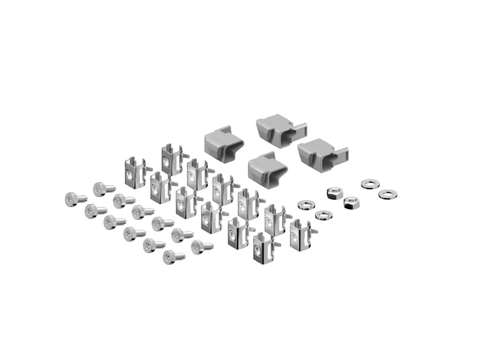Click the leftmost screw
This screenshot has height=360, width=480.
tap(72, 199)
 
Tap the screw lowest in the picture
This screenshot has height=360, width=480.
tap(171, 257)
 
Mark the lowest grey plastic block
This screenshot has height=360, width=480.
tap(267, 171)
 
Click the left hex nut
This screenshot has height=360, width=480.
tap(334, 193)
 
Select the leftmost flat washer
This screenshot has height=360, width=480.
tap(306, 205)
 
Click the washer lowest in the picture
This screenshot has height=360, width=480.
tap(323, 215)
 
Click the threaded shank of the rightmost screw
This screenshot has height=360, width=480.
tap(208, 246)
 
